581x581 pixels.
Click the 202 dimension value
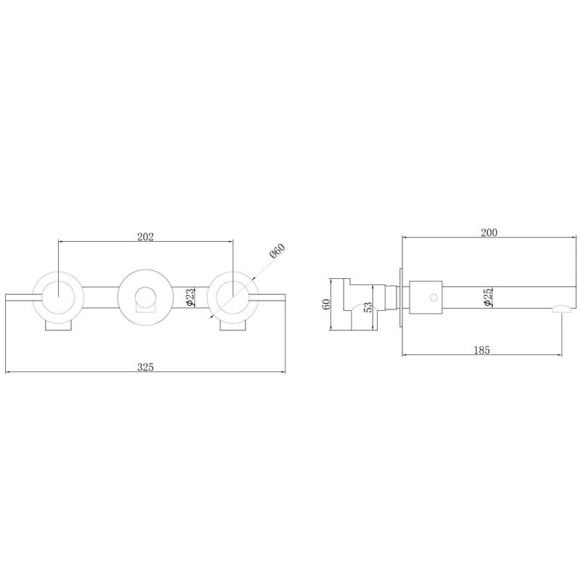[x=145, y=237]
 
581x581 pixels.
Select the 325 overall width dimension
[x=145, y=367]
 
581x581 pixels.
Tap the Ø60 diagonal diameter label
[x=277, y=251]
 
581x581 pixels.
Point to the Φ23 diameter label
[x=189, y=298]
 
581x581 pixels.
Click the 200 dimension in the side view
[x=489, y=232]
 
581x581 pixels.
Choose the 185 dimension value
[x=482, y=350]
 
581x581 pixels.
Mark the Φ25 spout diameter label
[x=487, y=297]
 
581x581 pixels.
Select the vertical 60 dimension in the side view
[x=326, y=304]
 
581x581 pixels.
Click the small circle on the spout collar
[x=433, y=297]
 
